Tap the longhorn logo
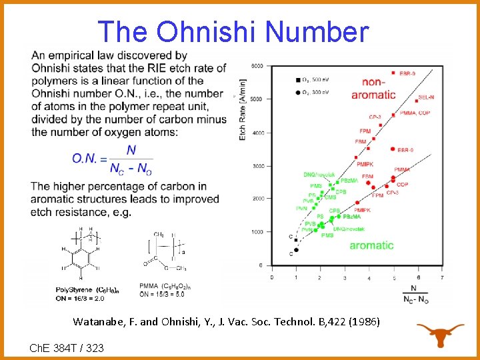pos(440,334)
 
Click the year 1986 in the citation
pos(364,322)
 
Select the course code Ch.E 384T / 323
pos(67,348)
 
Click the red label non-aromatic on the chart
pos(373,88)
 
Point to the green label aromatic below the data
pos(371,245)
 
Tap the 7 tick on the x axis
pos(442,277)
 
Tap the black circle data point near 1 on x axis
pos(296,250)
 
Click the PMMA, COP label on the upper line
pos(415,113)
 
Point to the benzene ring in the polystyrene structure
pos(81,256)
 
